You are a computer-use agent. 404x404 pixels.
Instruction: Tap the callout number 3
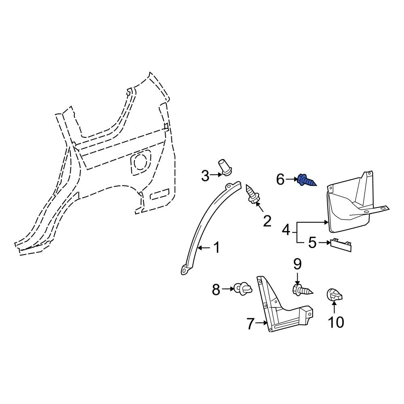pos(205,176)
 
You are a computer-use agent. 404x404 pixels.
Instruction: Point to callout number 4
pos(286,230)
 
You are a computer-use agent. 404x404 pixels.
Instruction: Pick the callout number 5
pos(312,243)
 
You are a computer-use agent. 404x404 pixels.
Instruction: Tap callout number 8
pos(216,289)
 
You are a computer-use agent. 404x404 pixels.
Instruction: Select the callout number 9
pos(297,265)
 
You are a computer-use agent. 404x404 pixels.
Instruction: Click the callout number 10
pos(336,322)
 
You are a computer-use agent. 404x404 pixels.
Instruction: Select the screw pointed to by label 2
pos(252,194)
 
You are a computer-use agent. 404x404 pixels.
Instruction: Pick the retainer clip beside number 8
pos(243,288)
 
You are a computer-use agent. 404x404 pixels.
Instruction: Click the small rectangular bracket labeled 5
pos(341,245)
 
